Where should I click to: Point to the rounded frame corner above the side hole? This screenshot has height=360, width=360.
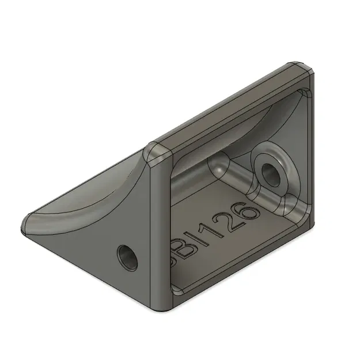tap(154, 151)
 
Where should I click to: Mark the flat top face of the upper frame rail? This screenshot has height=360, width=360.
tap(230, 107)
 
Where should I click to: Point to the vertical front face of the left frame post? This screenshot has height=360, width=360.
tap(158, 230)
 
